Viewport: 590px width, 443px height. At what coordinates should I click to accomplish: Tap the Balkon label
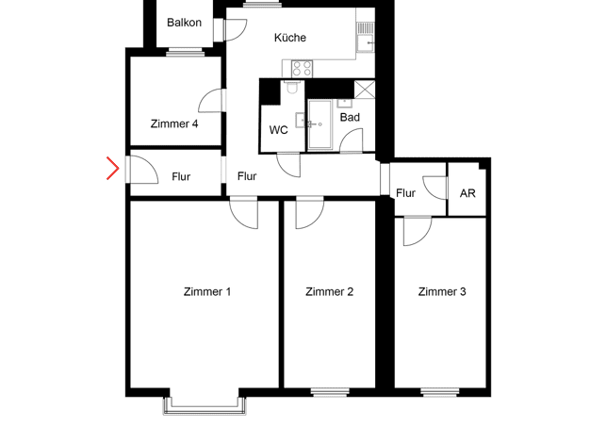[184, 23]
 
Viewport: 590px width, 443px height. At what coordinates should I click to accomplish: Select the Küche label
[289, 38]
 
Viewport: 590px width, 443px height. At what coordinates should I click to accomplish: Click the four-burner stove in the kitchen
[302, 69]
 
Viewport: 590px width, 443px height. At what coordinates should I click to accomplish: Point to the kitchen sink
[365, 43]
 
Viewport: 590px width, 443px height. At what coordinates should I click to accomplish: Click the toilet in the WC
[292, 88]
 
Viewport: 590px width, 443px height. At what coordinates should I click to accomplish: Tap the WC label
[278, 130]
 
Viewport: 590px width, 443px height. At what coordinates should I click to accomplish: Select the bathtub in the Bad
[320, 124]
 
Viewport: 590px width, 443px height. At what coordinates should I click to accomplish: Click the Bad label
[350, 118]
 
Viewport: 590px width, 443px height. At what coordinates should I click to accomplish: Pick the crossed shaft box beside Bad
[365, 90]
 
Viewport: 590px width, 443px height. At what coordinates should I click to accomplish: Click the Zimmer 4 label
[173, 123]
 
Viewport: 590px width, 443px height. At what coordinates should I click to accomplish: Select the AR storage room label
[467, 193]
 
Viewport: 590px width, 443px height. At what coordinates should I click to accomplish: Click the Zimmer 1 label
[207, 291]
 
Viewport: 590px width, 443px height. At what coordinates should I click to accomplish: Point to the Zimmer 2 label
[329, 291]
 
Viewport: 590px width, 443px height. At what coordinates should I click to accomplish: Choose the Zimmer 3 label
[442, 291]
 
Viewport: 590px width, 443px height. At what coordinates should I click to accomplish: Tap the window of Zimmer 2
[330, 392]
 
